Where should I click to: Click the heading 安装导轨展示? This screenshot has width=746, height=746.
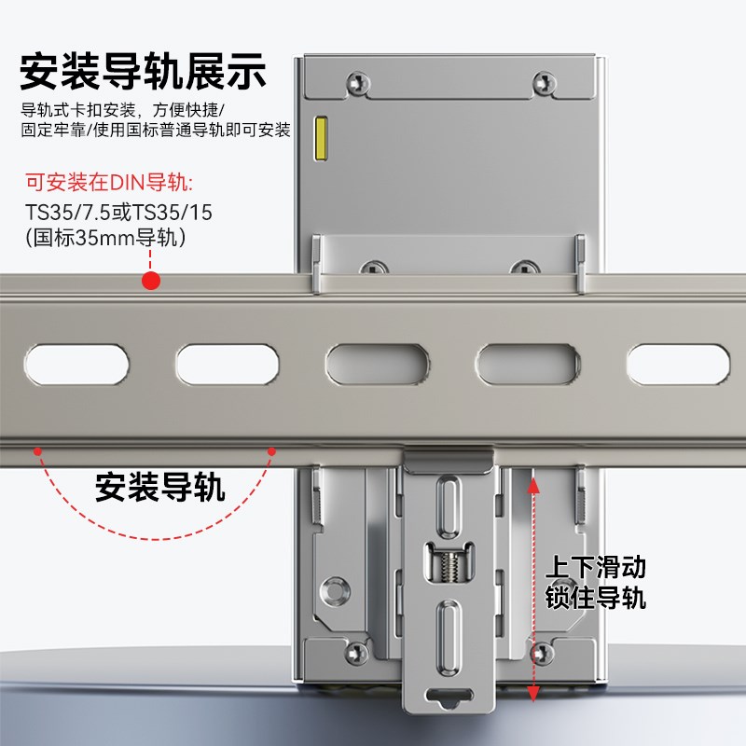pyautogui.click(x=144, y=71)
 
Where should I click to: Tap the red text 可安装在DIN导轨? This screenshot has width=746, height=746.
pyautogui.click(x=108, y=183)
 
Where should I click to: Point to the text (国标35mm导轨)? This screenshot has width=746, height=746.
pyautogui.click(x=106, y=239)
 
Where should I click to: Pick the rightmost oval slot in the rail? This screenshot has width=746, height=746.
pyautogui.click(x=676, y=361)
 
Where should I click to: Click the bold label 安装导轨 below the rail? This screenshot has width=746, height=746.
pyautogui.click(x=160, y=487)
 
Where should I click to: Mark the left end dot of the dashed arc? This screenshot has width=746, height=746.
pyautogui.click(x=38, y=451)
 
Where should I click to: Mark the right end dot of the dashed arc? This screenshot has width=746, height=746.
pyautogui.click(x=272, y=451)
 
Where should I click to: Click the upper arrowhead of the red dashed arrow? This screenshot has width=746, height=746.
pyautogui.click(x=533, y=482)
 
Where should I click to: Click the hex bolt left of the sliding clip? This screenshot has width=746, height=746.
pyautogui.click(x=332, y=588)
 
